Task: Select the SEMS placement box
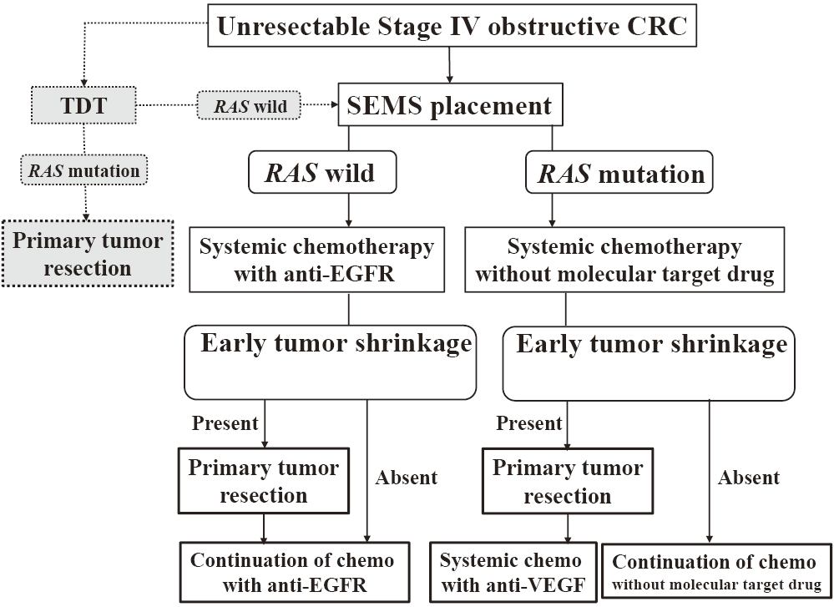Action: coord(450,104)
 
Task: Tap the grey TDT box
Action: coord(83,105)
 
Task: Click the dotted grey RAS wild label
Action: coord(250,105)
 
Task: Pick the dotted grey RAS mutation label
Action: coord(84,170)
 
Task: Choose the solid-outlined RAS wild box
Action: coord(322,172)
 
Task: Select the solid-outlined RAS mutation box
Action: coord(619,172)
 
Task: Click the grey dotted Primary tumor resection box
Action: coord(88,253)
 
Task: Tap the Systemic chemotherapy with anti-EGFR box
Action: coord(317,260)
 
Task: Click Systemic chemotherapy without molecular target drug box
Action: coord(624,260)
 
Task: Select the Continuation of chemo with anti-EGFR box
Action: coord(295,573)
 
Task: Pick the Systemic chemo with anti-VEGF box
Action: coord(513,573)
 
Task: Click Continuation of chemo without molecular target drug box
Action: coord(716,573)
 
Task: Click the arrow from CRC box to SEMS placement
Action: coord(449,65)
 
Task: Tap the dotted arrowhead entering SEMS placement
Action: coord(335,105)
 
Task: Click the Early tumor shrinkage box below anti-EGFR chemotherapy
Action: coord(331,362)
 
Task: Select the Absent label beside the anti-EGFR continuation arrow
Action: coord(407,478)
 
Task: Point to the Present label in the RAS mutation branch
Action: coord(528,423)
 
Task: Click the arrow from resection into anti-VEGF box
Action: coord(568,529)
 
